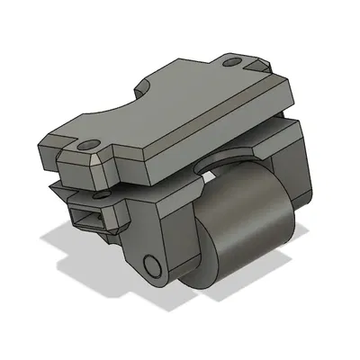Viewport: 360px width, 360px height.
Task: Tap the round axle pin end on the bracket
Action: (152, 265)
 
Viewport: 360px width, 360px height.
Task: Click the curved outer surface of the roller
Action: (247, 238)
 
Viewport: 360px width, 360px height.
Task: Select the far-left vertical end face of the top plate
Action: (45, 153)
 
